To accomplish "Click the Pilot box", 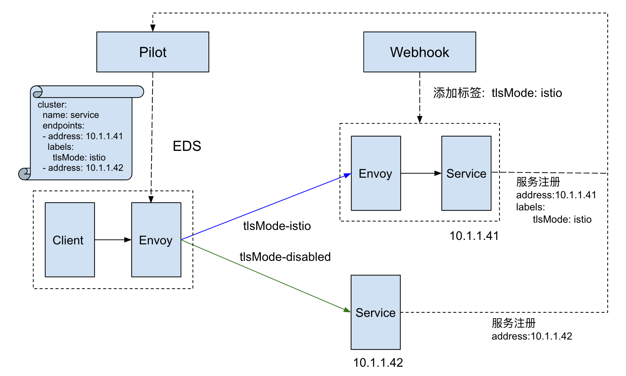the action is (153, 52).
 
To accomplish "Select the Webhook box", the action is (420, 52).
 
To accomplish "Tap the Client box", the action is (70, 240).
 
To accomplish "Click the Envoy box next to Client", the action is (156, 240).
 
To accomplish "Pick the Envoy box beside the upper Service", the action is (376, 173).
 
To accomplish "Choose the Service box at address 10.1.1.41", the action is (466, 173).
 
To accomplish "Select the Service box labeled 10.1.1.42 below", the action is (376, 312).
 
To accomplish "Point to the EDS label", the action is (187, 146).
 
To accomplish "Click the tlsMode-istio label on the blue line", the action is (277, 226).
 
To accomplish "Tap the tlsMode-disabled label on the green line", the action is (285, 257).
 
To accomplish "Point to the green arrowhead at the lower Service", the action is (347, 310).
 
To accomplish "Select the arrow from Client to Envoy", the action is (113, 240).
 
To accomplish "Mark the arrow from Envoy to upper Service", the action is (421, 173).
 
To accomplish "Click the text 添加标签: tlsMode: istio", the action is (498, 93).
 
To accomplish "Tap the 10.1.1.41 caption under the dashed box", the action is (474, 236).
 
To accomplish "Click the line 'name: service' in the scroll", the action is (71, 115).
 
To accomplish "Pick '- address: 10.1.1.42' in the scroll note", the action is (83, 168).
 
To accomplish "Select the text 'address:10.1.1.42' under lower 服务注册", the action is (532, 336).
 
